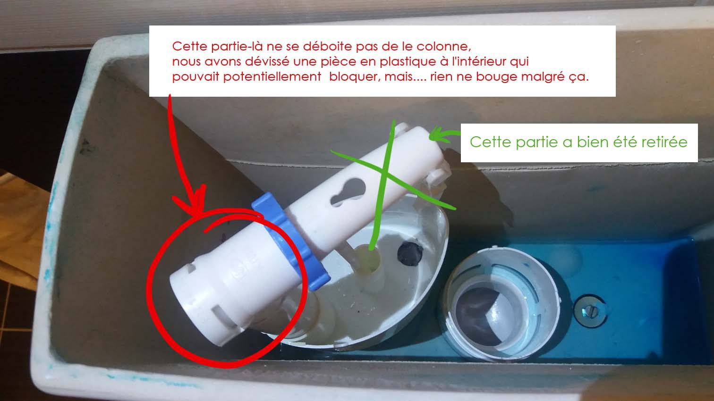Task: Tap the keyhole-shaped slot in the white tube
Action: tap(348, 192)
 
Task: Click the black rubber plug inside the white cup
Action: tap(410, 253)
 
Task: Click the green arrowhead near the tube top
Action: tap(437, 134)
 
